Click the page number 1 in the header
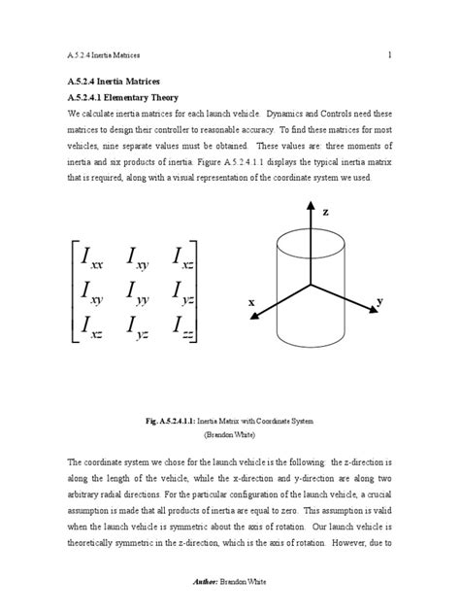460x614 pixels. click(388, 55)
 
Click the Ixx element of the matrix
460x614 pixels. click(95, 258)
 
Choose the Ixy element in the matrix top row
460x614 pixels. click(142, 258)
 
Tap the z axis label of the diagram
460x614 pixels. click(325, 211)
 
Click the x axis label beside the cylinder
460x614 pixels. click(251, 303)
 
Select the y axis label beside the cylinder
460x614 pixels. click(379, 302)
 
